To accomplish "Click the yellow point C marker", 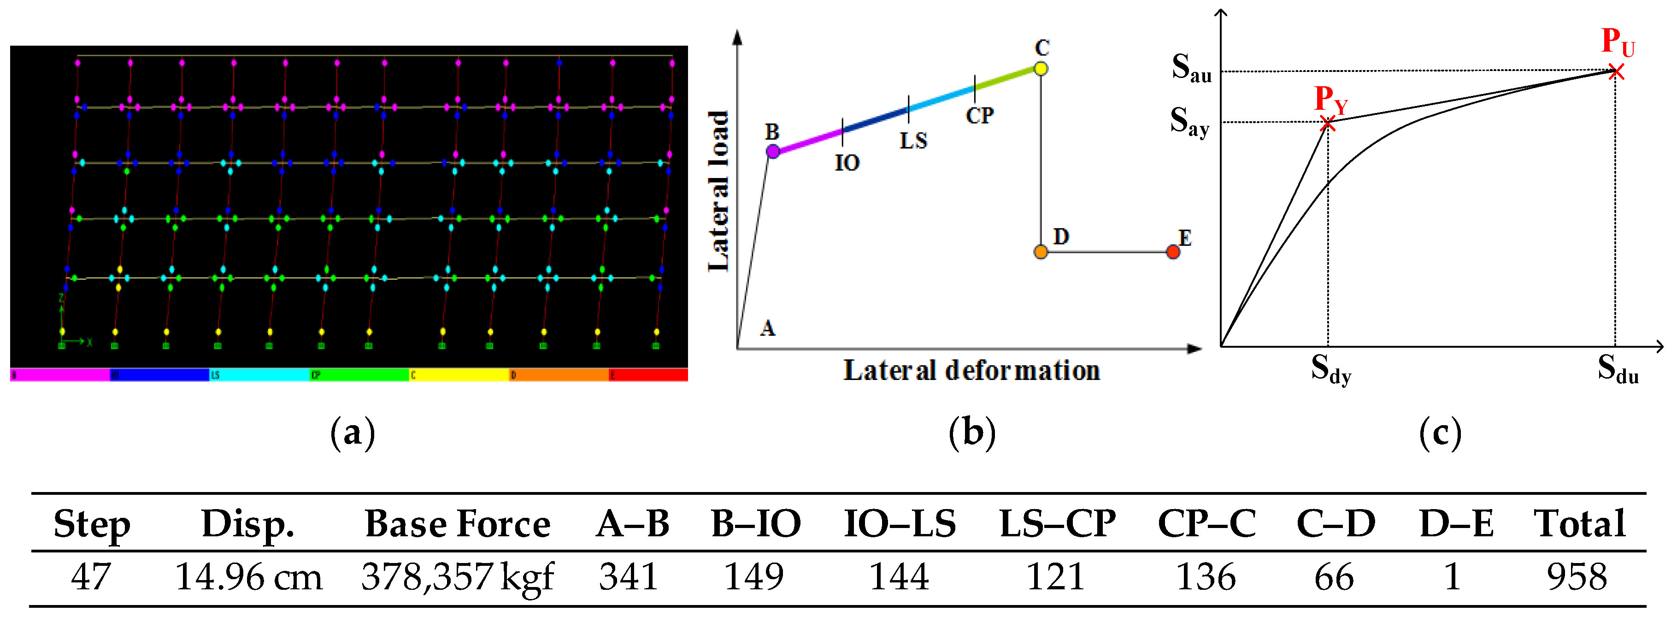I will tap(1041, 68).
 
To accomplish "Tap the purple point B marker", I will tap(772, 151).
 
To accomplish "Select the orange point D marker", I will tap(1041, 252).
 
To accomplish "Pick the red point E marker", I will tap(1173, 252).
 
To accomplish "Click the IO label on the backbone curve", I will tap(847, 163).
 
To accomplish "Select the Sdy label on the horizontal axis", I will tap(1330, 370).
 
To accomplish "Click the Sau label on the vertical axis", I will tap(1191, 67).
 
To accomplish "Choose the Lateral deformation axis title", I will tap(971, 370).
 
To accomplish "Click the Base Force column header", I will tap(457, 523).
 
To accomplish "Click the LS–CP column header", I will tap(1057, 523).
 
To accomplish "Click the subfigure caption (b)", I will tap(971, 433).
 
